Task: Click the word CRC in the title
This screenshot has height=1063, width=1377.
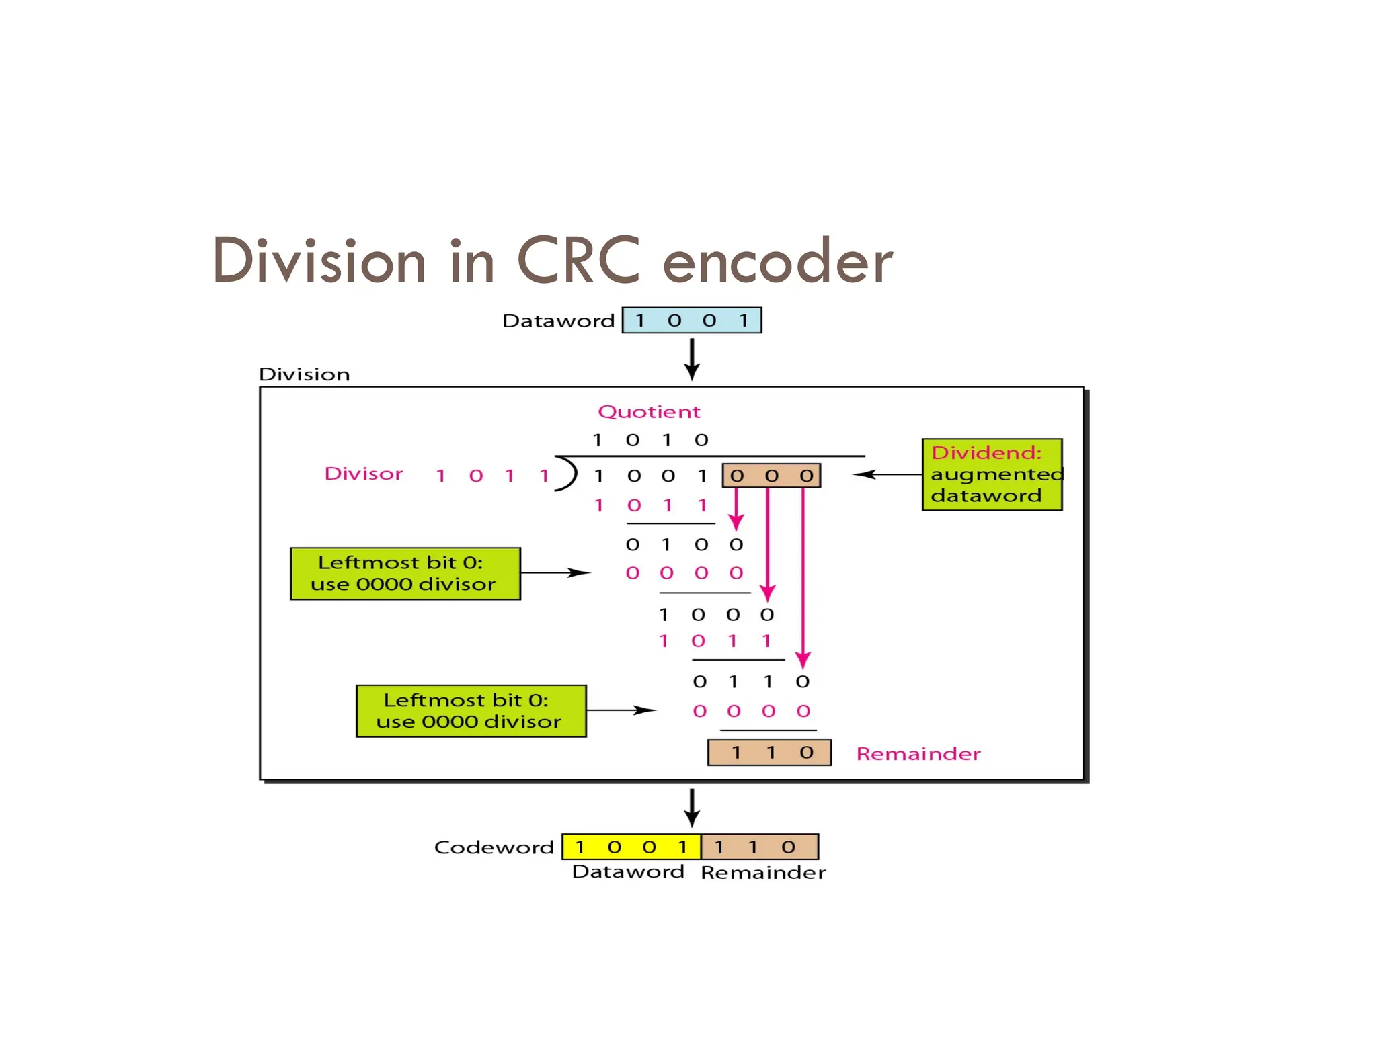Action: click(578, 261)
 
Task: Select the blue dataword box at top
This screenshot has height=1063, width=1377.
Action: click(691, 320)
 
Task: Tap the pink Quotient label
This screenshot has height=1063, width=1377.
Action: click(649, 411)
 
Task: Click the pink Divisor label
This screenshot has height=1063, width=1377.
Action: click(363, 474)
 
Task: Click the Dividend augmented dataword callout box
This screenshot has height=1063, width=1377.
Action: click(992, 474)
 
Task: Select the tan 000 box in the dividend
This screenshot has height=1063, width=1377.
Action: click(771, 476)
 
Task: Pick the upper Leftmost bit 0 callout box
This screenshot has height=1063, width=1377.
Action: click(405, 573)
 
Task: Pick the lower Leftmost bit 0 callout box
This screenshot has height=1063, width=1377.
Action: click(471, 711)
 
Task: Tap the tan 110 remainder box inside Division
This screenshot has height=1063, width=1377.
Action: click(769, 752)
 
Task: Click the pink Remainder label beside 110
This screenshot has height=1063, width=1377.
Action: click(918, 753)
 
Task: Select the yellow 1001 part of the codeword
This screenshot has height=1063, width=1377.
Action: click(631, 847)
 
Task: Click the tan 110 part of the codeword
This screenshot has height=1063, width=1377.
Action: click(759, 847)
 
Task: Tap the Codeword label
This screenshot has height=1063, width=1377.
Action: click(494, 847)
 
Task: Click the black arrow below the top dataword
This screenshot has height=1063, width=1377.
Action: click(692, 359)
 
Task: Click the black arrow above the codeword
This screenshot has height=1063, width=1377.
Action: click(692, 807)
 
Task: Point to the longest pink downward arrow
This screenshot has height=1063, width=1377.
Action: click(803, 578)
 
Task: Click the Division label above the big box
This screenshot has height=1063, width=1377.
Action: click(304, 374)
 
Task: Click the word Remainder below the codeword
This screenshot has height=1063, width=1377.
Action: click(762, 872)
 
